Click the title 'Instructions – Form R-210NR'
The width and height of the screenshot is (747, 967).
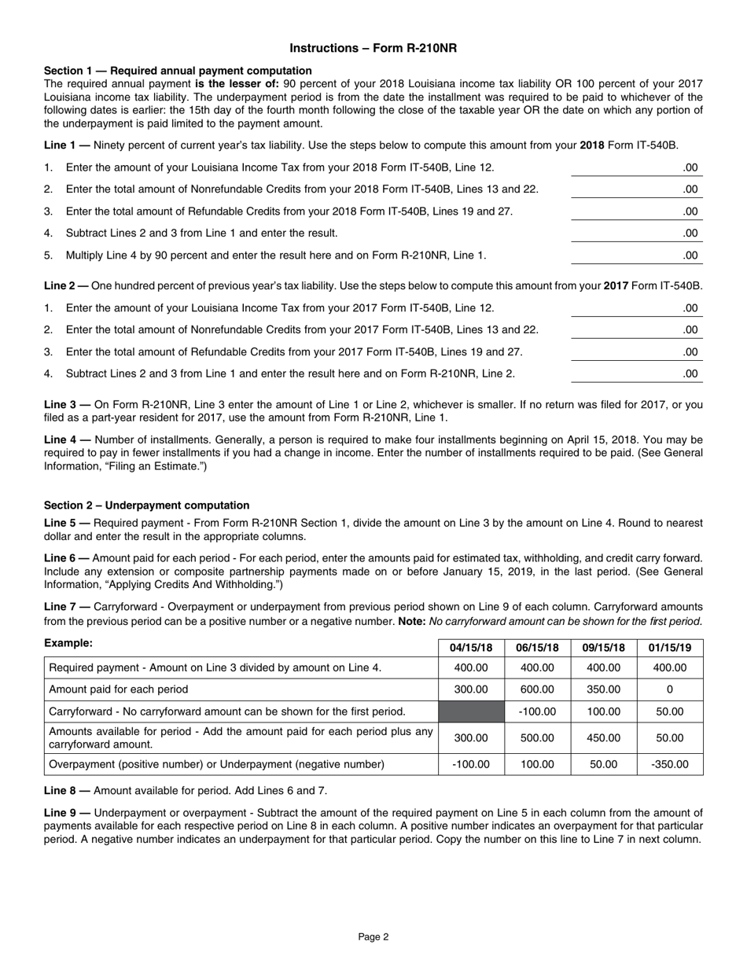point(373,48)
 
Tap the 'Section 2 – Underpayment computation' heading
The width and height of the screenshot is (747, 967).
point(146,506)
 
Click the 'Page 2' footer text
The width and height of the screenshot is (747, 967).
point(373,936)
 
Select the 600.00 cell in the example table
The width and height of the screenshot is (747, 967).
point(537,689)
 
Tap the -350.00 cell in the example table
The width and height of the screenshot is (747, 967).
point(670,764)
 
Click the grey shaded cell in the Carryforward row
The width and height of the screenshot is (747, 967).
point(471,711)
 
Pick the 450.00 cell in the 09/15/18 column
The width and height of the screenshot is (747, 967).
point(603,738)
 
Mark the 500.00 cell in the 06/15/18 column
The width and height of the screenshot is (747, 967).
point(537,738)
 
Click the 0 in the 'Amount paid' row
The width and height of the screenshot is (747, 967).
point(670,689)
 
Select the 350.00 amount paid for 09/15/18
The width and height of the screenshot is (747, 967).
point(603,689)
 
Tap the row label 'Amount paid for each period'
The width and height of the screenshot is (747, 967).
point(119,689)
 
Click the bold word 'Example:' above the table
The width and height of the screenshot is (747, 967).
point(68,644)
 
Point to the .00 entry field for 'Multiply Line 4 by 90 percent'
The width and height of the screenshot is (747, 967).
point(637,256)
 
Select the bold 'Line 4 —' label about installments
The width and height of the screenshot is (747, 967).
point(67,439)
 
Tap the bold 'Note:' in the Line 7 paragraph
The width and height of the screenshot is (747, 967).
point(413,621)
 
